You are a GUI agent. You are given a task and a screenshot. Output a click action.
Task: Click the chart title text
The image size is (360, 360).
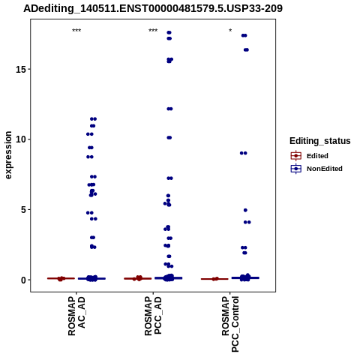[x=153, y=8]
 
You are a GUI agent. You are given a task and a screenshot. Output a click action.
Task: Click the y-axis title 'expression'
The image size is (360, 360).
[x=8, y=155]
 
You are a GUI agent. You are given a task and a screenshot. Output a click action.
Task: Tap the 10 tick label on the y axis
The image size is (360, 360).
[x=21, y=139]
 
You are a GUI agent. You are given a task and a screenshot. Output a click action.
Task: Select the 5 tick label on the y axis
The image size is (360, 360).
[x=24, y=209]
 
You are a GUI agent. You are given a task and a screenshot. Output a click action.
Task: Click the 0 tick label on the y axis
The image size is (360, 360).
[x=24, y=280]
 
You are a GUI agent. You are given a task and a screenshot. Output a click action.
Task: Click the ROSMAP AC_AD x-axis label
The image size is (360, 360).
[x=76, y=316]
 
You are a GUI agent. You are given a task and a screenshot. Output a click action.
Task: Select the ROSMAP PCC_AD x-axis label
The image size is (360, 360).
[x=153, y=316]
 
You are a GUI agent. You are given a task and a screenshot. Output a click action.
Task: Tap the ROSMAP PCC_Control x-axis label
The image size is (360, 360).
[x=230, y=324]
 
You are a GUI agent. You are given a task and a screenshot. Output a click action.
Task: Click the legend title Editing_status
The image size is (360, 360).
[x=320, y=141]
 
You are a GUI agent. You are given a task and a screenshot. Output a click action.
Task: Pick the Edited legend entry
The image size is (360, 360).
[x=310, y=156]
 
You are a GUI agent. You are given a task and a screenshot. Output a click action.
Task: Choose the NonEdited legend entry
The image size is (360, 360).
[x=316, y=169]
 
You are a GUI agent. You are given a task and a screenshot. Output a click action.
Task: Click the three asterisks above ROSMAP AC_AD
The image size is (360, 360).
[x=76, y=31]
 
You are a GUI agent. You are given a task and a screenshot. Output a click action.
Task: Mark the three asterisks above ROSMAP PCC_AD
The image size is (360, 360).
[x=153, y=31]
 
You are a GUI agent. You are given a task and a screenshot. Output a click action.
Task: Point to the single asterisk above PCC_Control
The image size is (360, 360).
[x=230, y=30]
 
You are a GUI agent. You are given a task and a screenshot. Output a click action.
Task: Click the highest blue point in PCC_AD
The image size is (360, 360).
[x=169, y=32]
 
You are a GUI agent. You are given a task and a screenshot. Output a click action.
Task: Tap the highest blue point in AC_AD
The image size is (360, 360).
[x=93, y=119]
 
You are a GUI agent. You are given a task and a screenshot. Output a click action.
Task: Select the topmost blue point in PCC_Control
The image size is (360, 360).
[x=244, y=35]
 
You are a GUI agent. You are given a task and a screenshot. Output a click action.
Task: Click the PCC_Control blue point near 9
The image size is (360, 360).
[x=243, y=153]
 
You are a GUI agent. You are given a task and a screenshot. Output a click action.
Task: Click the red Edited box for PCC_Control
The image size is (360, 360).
[x=214, y=279]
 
